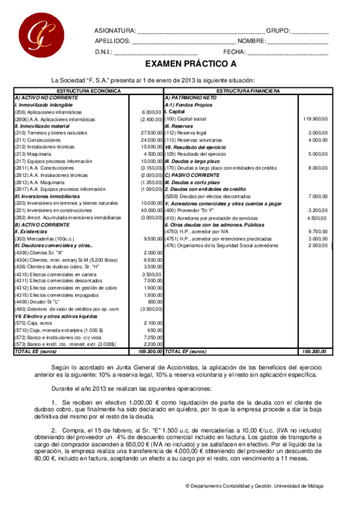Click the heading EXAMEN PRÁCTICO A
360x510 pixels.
click(191, 64)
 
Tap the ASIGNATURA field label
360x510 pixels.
click(115, 31)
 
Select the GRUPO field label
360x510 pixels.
click(278, 31)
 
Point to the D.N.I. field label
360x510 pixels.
click(104, 52)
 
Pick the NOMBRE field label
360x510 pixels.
click(251, 41)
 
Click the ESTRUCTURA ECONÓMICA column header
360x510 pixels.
click(88, 91)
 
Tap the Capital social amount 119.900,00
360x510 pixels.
click(315, 118)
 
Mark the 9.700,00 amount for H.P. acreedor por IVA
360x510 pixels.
click(318, 231)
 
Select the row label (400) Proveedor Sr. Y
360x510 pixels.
click(189, 210)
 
